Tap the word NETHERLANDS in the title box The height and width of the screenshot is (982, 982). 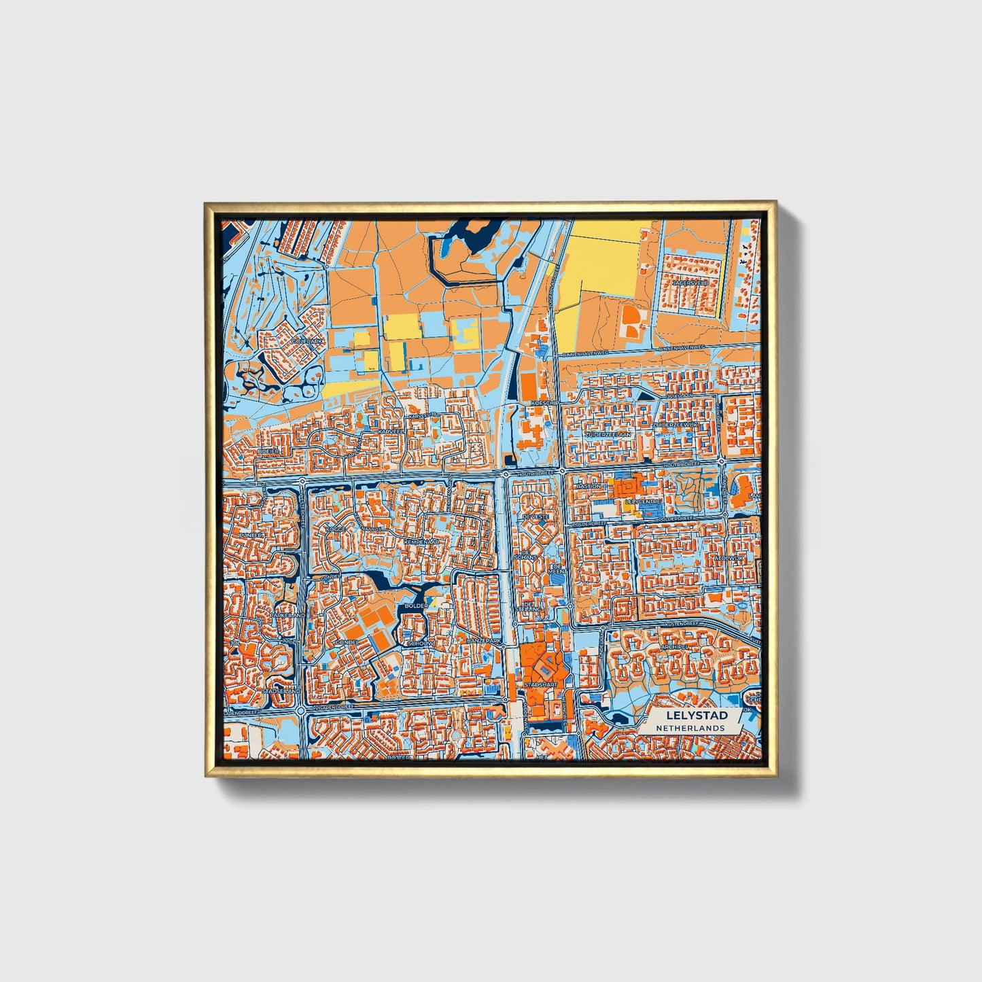pyautogui.click(x=690, y=728)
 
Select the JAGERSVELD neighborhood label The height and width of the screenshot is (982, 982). pyautogui.click(x=690, y=282)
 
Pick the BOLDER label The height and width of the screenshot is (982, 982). pyautogui.click(x=416, y=605)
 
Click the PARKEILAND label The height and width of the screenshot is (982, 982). pyautogui.click(x=287, y=614)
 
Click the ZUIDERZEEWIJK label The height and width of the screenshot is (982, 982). pyautogui.click(x=675, y=424)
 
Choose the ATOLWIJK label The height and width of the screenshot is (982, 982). pyautogui.click(x=729, y=559)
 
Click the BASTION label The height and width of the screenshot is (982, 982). pyautogui.click(x=589, y=487)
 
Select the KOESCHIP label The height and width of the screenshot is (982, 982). pyautogui.click(x=544, y=402)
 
